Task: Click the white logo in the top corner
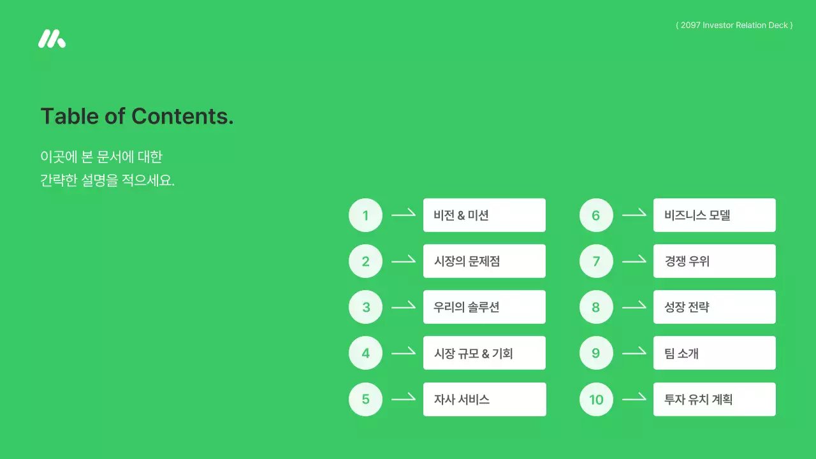click(x=52, y=39)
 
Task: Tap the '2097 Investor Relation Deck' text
click(x=734, y=25)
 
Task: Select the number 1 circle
click(x=365, y=215)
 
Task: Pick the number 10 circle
click(x=596, y=400)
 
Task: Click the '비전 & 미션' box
click(x=484, y=215)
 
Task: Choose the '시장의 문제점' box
click(x=484, y=261)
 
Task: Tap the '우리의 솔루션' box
click(x=484, y=307)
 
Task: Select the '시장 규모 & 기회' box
click(x=484, y=353)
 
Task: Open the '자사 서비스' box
click(x=484, y=400)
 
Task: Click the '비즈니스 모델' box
click(x=715, y=215)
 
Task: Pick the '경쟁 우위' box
click(x=715, y=261)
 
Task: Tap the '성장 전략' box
click(x=715, y=307)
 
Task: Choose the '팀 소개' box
click(x=715, y=353)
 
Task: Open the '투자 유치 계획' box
click(x=715, y=400)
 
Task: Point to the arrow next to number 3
click(x=403, y=307)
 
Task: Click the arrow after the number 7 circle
click(x=634, y=261)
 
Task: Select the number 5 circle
click(x=365, y=400)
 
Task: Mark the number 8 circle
click(x=596, y=307)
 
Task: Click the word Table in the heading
click(x=69, y=116)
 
